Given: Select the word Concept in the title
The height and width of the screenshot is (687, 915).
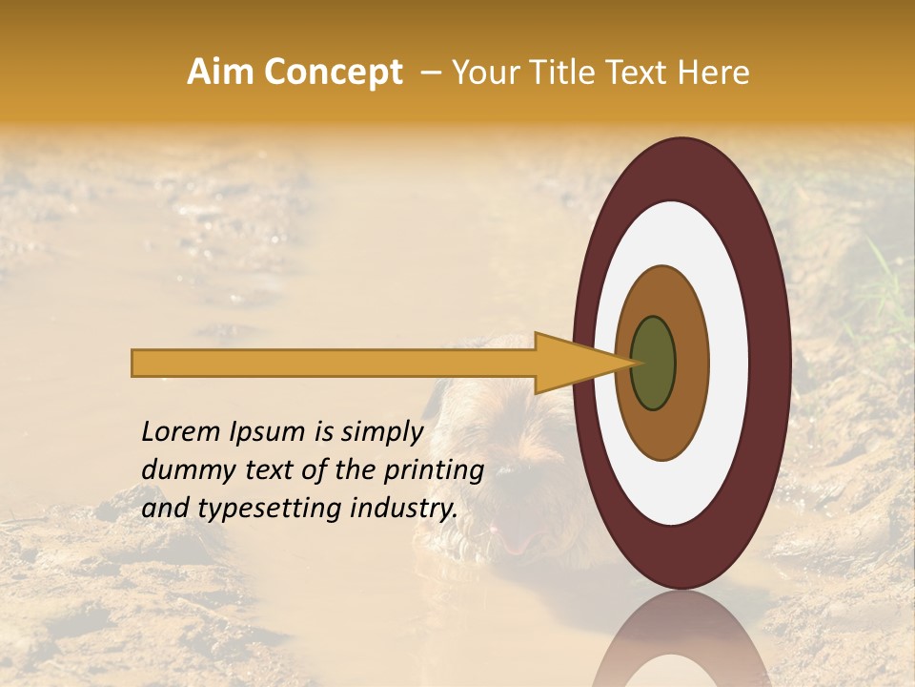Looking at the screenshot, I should (x=334, y=73).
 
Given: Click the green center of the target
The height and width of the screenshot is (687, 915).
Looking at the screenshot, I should (x=654, y=364).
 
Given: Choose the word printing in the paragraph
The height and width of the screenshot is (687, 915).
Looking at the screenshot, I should (x=433, y=471).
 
